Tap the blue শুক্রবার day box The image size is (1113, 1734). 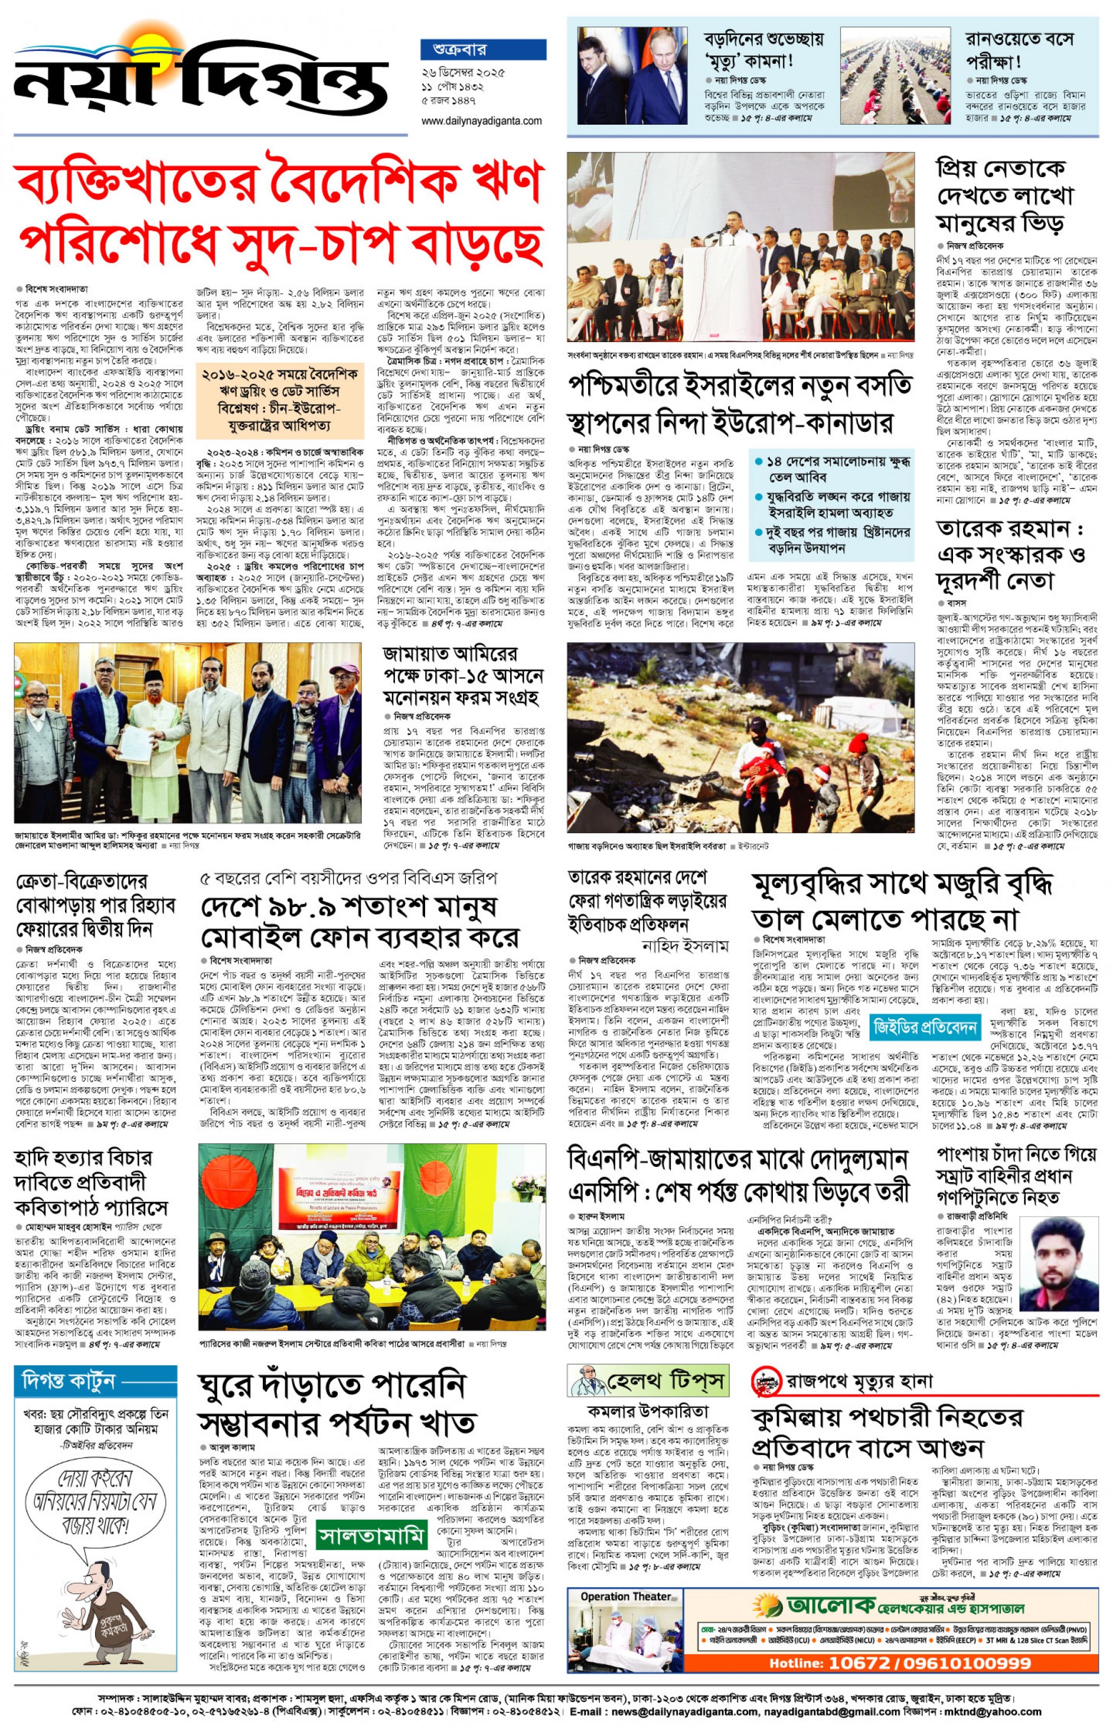click(x=483, y=49)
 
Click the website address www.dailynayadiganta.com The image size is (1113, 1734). click(x=481, y=121)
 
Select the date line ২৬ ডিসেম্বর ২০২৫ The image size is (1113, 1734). click(x=464, y=72)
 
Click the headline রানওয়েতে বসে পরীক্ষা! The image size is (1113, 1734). click(x=1019, y=49)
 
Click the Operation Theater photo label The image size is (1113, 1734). click(x=625, y=1596)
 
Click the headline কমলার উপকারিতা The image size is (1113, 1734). click(x=647, y=1411)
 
